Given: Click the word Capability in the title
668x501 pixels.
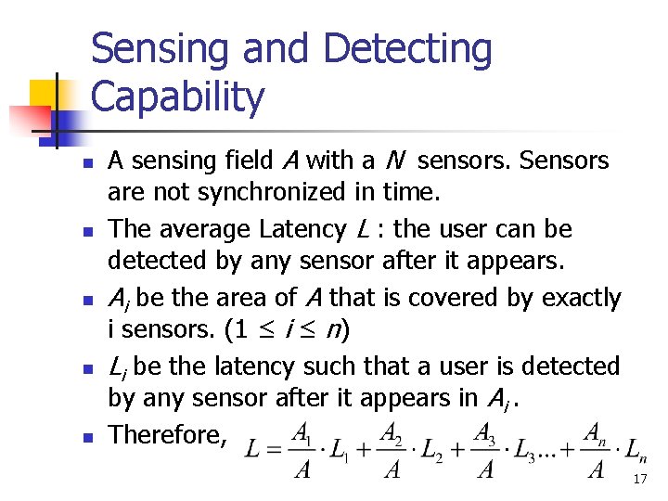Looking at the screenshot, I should coord(178,96).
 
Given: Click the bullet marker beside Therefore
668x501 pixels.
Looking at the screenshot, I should coord(84,436).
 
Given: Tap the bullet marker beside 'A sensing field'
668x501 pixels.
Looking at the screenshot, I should coord(84,162).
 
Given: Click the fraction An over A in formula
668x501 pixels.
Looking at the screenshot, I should coord(596,451).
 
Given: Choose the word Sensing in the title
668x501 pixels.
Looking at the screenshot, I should coord(161,50).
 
